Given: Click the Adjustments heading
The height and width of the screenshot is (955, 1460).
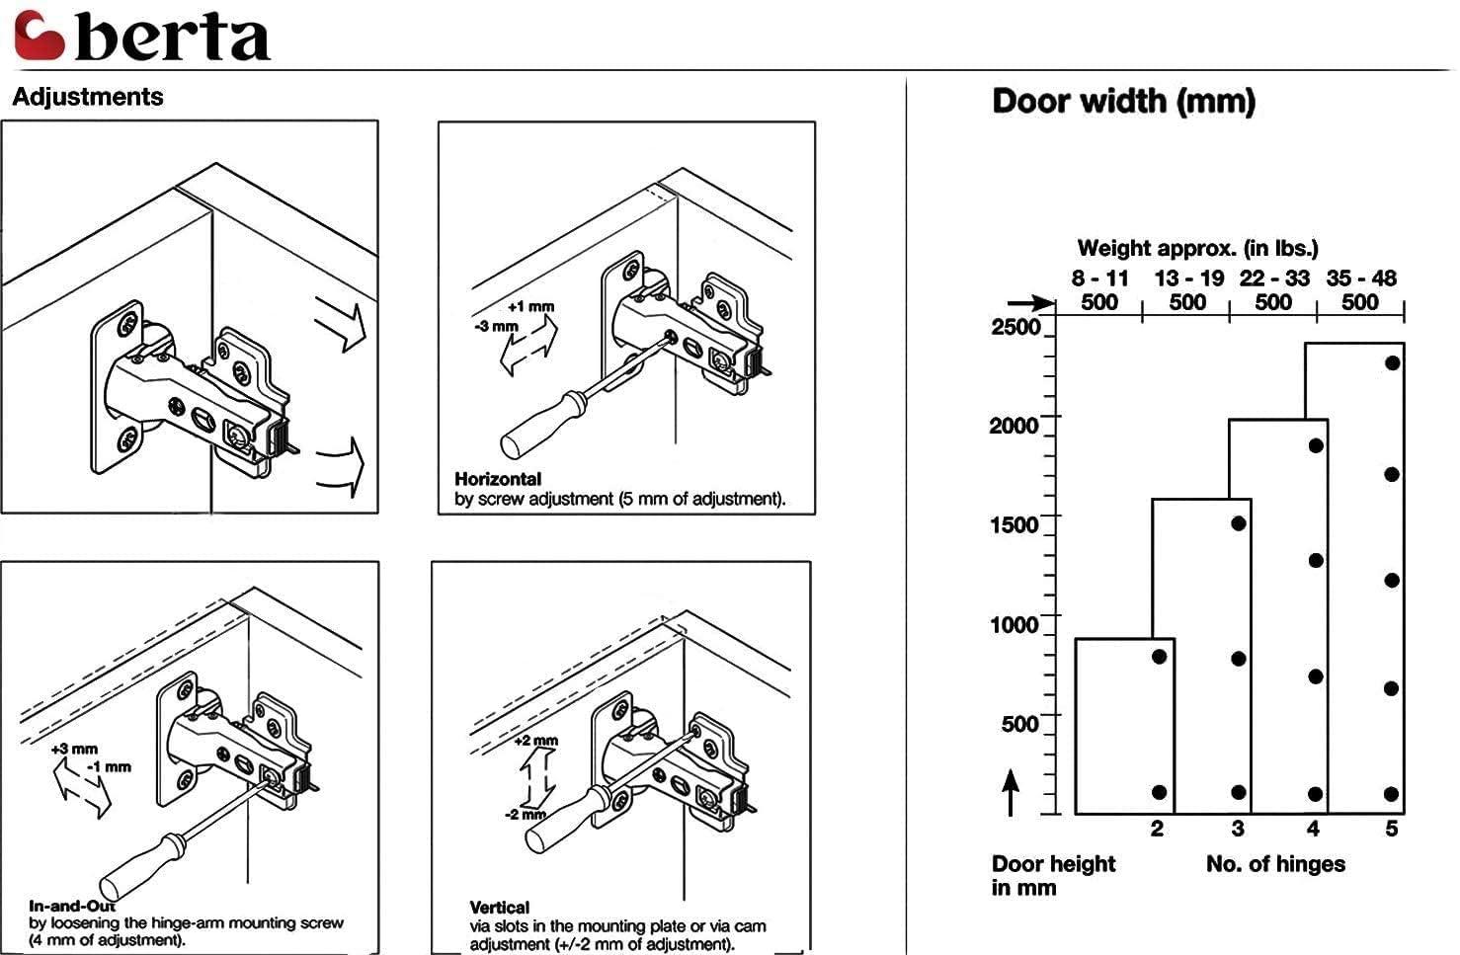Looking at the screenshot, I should point(88,97).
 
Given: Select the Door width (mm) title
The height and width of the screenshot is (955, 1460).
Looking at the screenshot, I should point(1123,101).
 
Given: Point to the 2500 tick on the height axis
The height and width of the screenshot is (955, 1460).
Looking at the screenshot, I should point(1015,327).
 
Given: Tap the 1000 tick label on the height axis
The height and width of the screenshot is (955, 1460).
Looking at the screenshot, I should point(1014,624).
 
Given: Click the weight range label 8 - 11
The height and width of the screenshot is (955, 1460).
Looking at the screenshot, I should point(1098,279).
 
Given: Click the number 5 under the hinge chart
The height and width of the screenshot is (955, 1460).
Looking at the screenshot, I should point(1391,829).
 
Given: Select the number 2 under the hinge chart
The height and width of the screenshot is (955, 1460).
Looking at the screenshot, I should point(1157,829).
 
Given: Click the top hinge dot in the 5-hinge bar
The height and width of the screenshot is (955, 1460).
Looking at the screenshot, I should point(1392,362).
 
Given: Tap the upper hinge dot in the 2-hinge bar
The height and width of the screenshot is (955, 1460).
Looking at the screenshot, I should point(1160,657).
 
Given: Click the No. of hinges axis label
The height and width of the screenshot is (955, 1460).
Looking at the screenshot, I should point(1275,864).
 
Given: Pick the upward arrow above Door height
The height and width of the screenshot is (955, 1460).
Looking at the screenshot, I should point(1011,793).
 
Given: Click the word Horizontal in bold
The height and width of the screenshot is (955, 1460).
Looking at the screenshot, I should point(498,479).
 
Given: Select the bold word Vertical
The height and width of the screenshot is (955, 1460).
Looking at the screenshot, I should point(500,907).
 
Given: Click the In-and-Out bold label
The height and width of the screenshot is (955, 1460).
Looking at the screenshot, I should point(72,906).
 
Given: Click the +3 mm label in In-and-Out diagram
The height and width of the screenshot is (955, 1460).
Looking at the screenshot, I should point(74,749).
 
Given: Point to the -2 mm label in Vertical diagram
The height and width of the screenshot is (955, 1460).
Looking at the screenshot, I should point(526,815).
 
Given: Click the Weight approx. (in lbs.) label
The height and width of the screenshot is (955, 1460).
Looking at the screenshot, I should point(1197,248).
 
